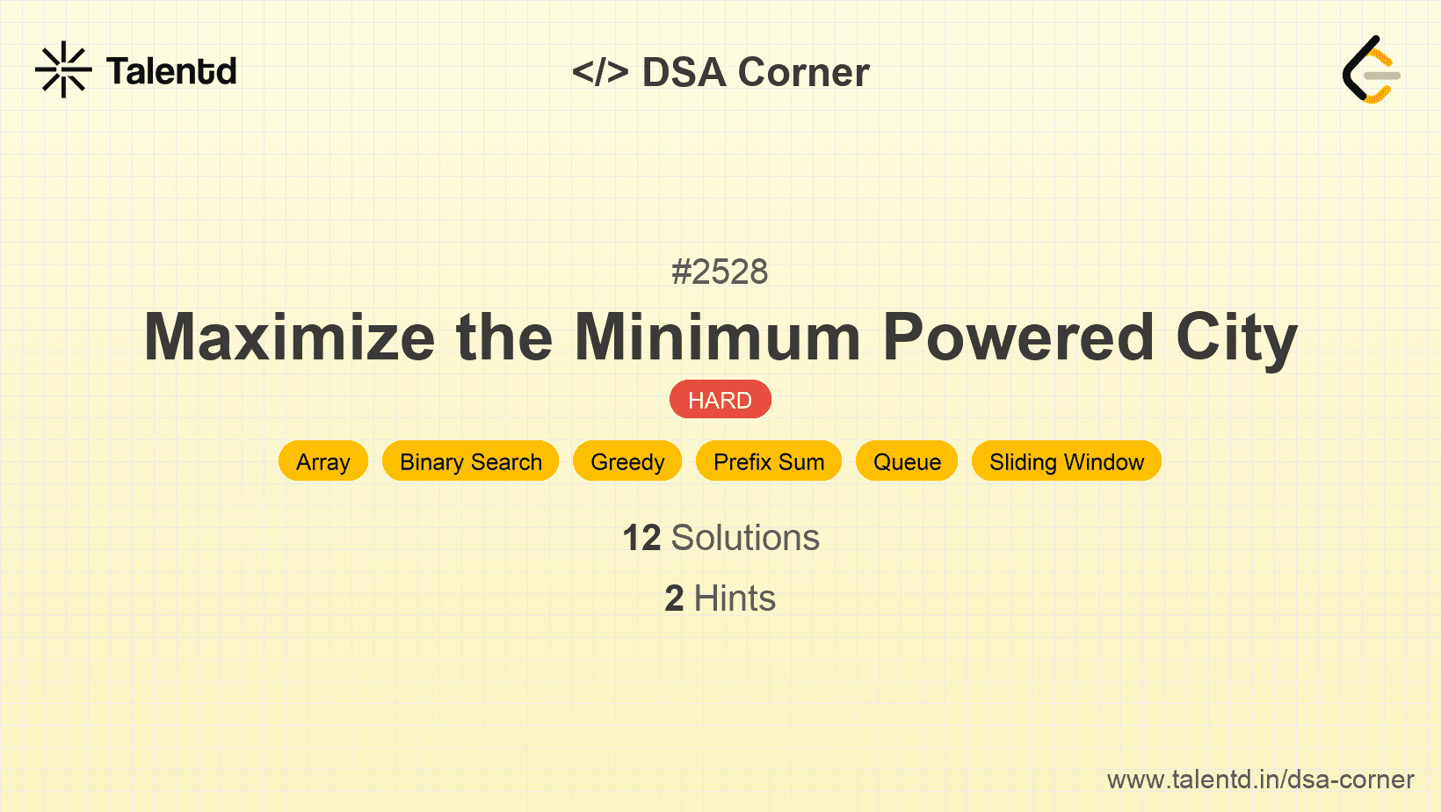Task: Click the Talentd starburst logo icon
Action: (x=63, y=69)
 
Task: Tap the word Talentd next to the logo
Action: (x=171, y=71)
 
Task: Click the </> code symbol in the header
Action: (x=600, y=72)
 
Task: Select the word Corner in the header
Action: (x=803, y=72)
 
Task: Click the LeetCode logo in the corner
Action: (x=1371, y=69)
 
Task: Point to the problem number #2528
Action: (x=720, y=272)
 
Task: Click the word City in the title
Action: (x=1236, y=340)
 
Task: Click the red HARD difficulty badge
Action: (x=720, y=400)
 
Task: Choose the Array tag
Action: (x=323, y=460)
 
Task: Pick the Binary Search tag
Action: (x=470, y=460)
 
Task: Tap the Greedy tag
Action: (x=627, y=460)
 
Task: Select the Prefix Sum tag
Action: (x=769, y=460)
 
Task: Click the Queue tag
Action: (x=907, y=460)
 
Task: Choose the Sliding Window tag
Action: (x=1067, y=460)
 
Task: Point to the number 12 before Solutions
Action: (x=641, y=537)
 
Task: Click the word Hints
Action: (x=735, y=598)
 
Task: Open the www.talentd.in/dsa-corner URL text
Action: (x=1260, y=779)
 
